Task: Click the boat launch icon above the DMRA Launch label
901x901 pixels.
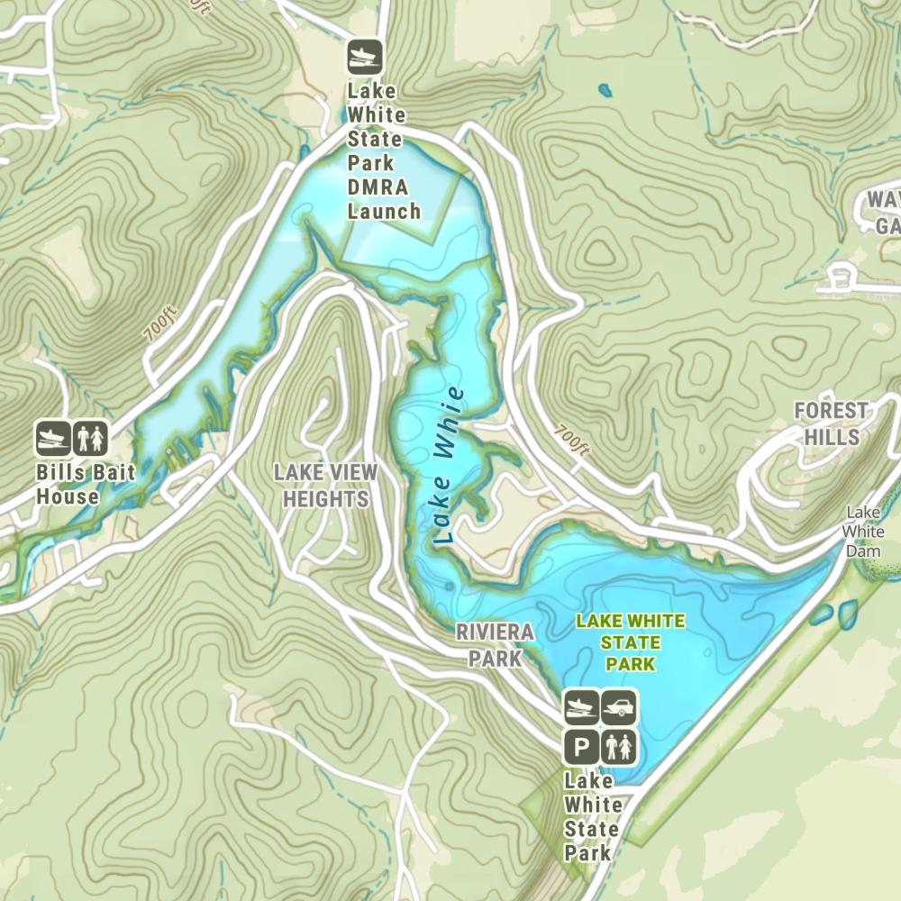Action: pyautogui.click(x=366, y=57)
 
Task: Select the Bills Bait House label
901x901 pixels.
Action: pyautogui.click(x=68, y=484)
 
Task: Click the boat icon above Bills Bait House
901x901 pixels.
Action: pyautogui.click(x=53, y=439)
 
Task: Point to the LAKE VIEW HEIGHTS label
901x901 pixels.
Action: pyautogui.click(x=325, y=486)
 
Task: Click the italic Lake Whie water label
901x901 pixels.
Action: pyautogui.click(x=448, y=466)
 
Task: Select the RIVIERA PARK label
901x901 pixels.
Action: pyautogui.click(x=495, y=644)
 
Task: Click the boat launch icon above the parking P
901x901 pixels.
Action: pyautogui.click(x=582, y=708)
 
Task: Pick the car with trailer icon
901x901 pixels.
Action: pyautogui.click(x=620, y=708)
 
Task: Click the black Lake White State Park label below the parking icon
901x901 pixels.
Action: pyautogui.click(x=591, y=816)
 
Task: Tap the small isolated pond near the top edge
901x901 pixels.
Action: pyautogui.click(x=604, y=90)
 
